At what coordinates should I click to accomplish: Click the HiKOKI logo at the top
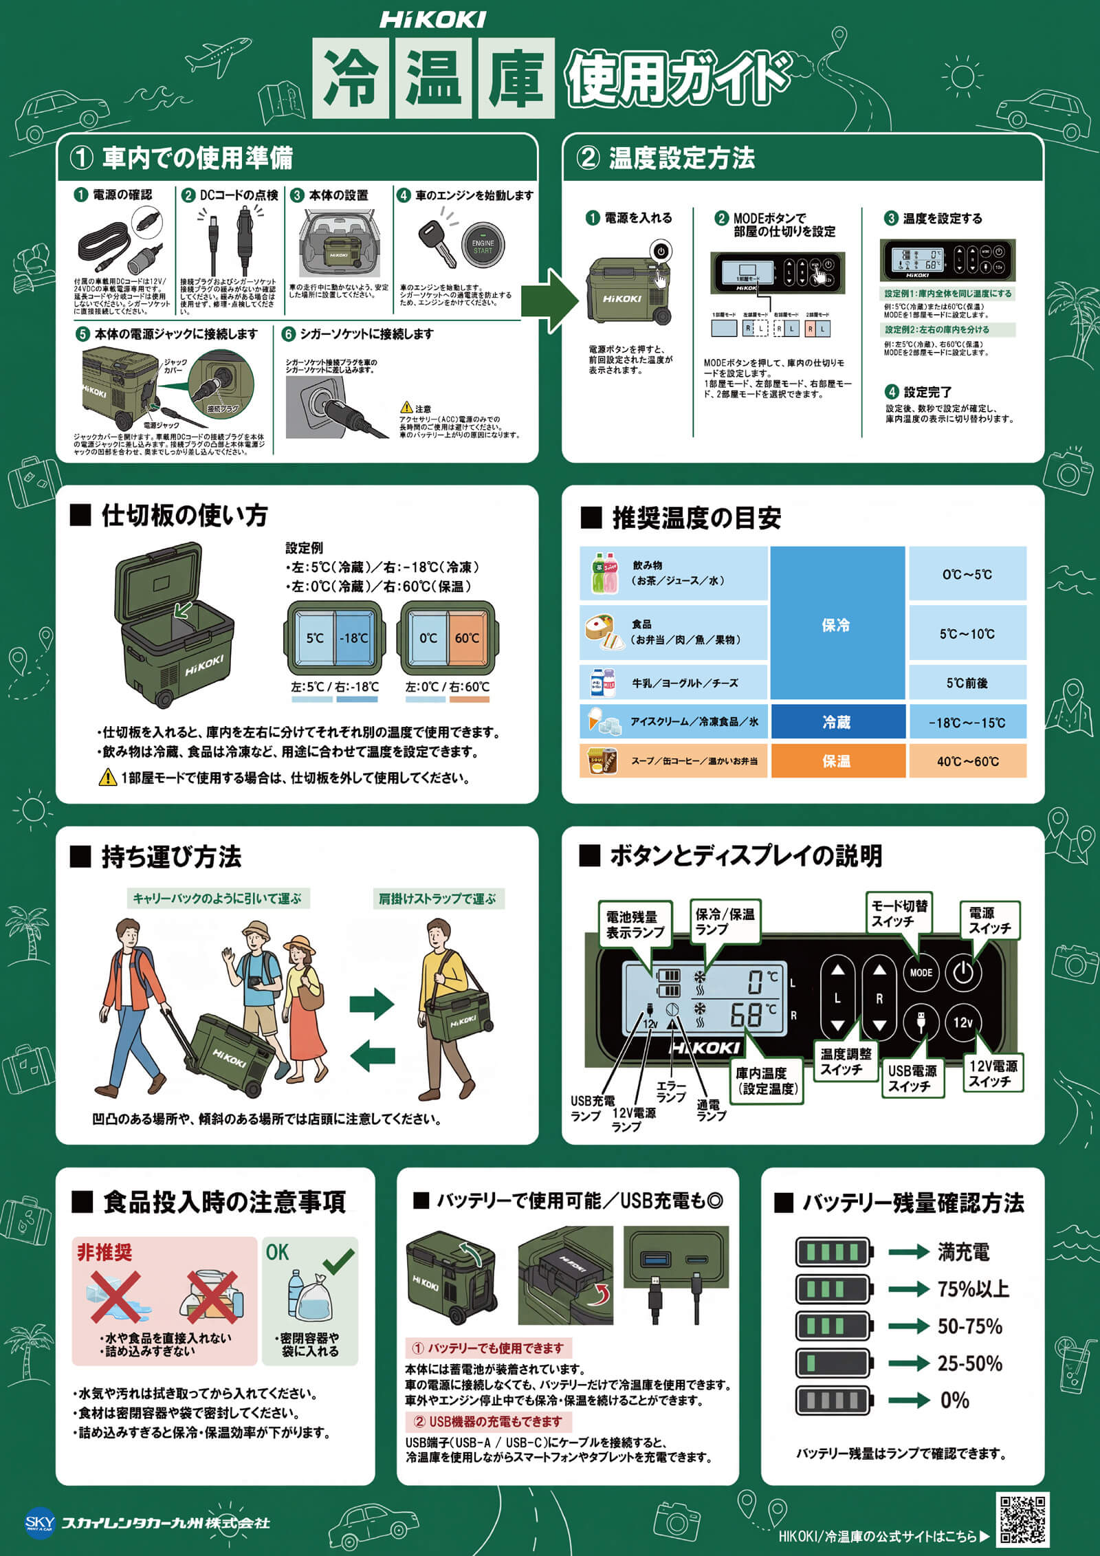pos(433,20)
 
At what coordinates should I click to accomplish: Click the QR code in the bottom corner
pos(1022,1518)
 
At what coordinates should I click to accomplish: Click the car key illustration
pos(437,244)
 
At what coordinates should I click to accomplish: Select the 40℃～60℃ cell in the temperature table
pos(967,761)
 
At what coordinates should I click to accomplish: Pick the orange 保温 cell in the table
pos(837,761)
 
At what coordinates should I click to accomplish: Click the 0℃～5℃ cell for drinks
pos(967,574)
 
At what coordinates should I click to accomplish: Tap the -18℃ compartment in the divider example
pos(354,637)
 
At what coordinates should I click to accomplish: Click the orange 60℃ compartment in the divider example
pos(467,637)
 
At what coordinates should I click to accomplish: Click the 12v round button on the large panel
pos(963,1022)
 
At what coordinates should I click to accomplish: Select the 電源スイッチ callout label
pos(989,920)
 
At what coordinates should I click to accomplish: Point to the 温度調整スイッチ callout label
pos(845,1062)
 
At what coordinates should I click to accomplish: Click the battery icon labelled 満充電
pos(833,1252)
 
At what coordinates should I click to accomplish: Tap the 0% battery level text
pos(954,1400)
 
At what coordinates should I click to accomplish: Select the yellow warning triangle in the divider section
pos(107,778)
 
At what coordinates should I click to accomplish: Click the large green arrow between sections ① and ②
pos(550,300)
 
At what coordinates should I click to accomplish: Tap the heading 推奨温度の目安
pos(696,518)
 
